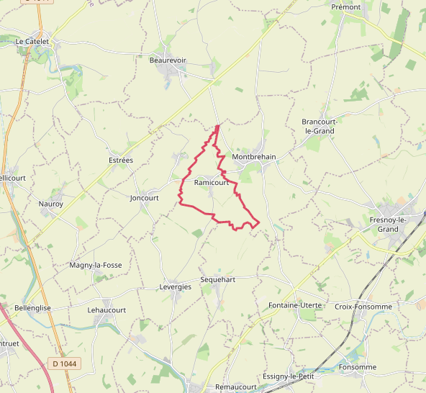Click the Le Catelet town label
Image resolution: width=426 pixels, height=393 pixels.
[x=32, y=42]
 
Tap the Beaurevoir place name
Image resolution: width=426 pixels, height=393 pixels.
[x=167, y=60]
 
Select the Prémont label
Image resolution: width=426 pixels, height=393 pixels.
[x=346, y=6]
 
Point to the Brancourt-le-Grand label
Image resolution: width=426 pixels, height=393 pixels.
[x=318, y=127]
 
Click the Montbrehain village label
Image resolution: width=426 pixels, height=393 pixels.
[x=255, y=156]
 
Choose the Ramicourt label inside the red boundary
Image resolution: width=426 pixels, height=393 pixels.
[x=211, y=183]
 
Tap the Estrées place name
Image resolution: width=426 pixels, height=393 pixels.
[x=120, y=160]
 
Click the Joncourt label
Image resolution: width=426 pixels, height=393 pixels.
[x=144, y=198]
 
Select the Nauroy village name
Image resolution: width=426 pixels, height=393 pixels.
[x=51, y=204]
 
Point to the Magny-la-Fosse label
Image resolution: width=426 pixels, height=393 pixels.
[x=96, y=265]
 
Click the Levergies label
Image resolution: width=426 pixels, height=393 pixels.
[x=175, y=286]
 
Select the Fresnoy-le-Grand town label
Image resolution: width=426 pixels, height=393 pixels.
[x=388, y=224]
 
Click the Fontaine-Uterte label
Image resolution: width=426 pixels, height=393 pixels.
[x=295, y=306]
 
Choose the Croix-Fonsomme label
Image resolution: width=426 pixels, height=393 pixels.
[x=363, y=307]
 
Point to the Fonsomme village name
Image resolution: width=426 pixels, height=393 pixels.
[x=358, y=367]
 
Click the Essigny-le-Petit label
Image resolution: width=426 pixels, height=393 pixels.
[x=289, y=376]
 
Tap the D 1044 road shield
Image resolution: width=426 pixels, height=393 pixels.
[x=65, y=363]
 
